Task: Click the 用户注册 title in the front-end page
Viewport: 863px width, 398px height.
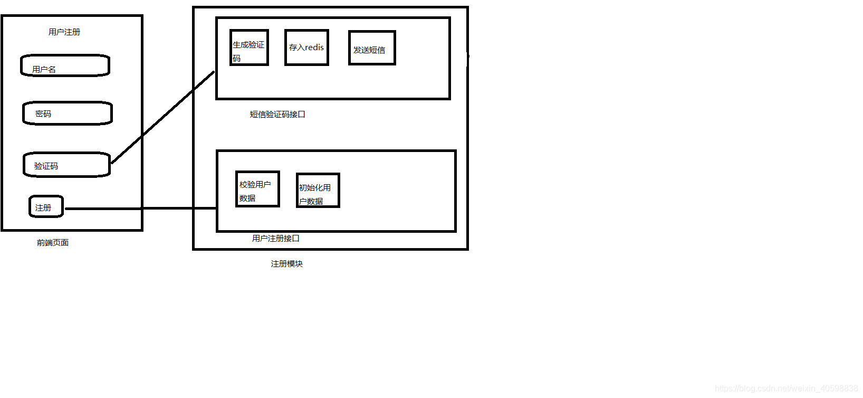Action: pyautogui.click(x=64, y=32)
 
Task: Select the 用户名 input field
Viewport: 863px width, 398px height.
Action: pyautogui.click(x=65, y=65)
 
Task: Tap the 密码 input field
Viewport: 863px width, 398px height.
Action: pyautogui.click(x=68, y=113)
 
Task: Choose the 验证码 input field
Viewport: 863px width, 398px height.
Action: pyautogui.click(x=67, y=165)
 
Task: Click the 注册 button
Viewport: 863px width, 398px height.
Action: pyautogui.click(x=46, y=207)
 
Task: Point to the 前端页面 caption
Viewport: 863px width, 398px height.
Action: pyautogui.click(x=53, y=243)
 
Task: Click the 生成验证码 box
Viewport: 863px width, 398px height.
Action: pyautogui.click(x=250, y=48)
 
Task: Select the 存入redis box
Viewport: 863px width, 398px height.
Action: pyautogui.click(x=306, y=48)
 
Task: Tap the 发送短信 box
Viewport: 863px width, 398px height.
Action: pyautogui.click(x=372, y=48)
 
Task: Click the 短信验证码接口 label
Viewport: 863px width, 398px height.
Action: pyautogui.click(x=277, y=115)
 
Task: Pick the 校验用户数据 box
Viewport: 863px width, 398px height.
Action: pyautogui.click(x=257, y=189)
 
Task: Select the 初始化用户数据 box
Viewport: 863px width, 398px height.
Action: pyautogui.click(x=318, y=191)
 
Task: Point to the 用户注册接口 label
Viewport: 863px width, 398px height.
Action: pyautogui.click(x=276, y=239)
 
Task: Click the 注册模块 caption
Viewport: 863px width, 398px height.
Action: pyautogui.click(x=287, y=264)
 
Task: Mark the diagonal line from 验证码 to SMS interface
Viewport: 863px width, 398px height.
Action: pyautogui.click(x=164, y=117)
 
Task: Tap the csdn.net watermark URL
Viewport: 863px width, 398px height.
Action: pyautogui.click(x=787, y=388)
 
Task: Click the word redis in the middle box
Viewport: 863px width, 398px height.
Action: pyautogui.click(x=314, y=48)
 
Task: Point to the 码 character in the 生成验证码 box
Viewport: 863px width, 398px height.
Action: pyautogui.click(x=237, y=59)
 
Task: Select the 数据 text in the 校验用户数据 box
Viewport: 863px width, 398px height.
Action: pyautogui.click(x=247, y=198)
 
